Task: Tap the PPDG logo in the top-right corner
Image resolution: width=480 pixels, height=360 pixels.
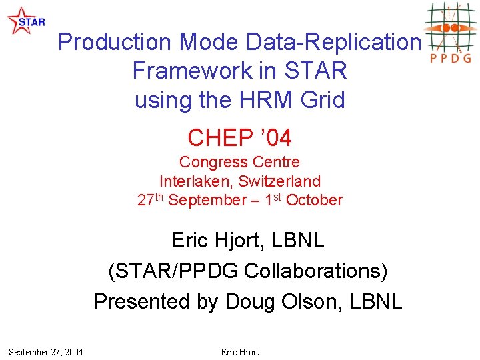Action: [x=451, y=32]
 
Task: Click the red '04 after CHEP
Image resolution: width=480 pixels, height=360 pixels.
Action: [x=275, y=138]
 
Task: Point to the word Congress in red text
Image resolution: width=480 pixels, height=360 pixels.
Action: [x=211, y=162]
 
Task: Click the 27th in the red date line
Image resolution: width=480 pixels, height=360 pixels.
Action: [x=151, y=200]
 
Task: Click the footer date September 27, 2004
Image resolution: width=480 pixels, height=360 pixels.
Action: [x=46, y=352]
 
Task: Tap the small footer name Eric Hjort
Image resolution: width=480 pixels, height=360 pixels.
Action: [x=239, y=352]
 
